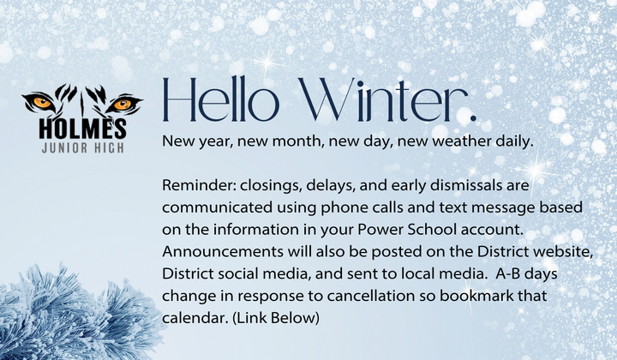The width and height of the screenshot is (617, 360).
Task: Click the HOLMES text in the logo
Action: [x=82, y=129]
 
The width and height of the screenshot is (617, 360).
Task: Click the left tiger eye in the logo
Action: [x=44, y=104]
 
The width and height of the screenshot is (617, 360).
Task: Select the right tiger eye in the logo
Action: [x=123, y=104]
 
